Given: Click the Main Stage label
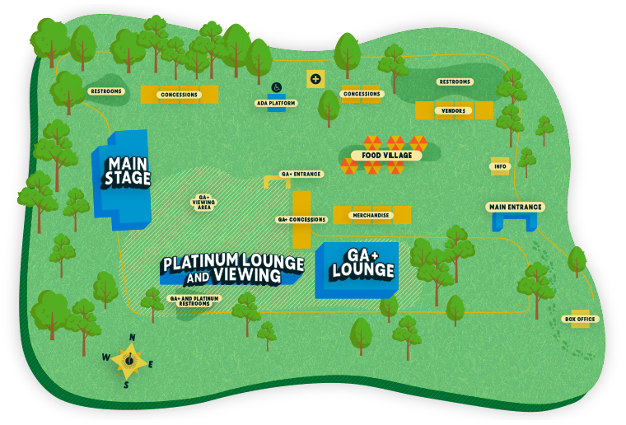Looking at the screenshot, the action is pyautogui.click(x=128, y=172).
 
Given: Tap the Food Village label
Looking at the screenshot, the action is pyautogui.click(x=386, y=155).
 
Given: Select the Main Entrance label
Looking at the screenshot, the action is pyautogui.click(x=516, y=207).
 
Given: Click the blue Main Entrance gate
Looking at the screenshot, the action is pyautogui.click(x=514, y=222).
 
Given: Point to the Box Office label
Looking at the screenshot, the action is pyautogui.click(x=580, y=320).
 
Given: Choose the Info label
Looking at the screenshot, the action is pyautogui.click(x=500, y=166).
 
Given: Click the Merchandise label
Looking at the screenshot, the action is pyautogui.click(x=371, y=215).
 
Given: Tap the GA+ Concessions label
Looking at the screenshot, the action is pyautogui.click(x=301, y=219).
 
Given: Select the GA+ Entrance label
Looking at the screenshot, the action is pyautogui.click(x=301, y=174).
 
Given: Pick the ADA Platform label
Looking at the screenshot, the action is pyautogui.click(x=276, y=103).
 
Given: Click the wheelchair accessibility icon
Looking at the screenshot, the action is pyautogui.click(x=276, y=87).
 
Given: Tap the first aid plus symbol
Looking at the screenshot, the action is pyautogui.click(x=315, y=79).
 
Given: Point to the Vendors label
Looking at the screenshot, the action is pyautogui.click(x=454, y=110).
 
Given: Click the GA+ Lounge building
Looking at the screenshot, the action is pyautogui.click(x=357, y=270).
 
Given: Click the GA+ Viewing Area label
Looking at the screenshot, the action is pyautogui.click(x=204, y=203).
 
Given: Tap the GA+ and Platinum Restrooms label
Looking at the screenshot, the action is pyautogui.click(x=194, y=301).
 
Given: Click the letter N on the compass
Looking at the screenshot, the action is pyautogui.click(x=132, y=338).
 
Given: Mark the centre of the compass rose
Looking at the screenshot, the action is pyautogui.click(x=128, y=360).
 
